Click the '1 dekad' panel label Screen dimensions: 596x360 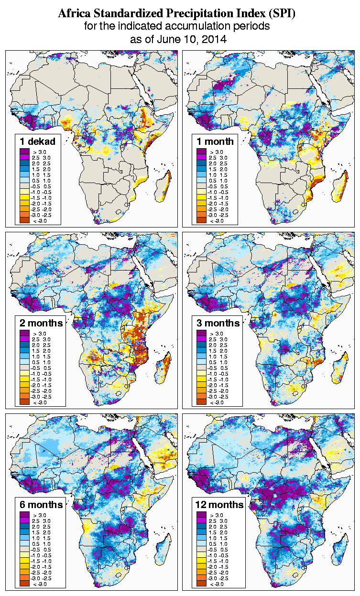[x=38, y=141]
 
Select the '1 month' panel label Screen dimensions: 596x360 [x=215, y=141]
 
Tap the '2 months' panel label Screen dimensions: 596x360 [x=41, y=323]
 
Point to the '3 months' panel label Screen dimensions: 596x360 [x=218, y=323]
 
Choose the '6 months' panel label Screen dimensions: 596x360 [x=41, y=505]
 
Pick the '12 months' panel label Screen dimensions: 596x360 [x=219, y=505]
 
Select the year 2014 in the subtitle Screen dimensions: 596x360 [x=213, y=39]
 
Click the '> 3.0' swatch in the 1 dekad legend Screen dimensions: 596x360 [x=24, y=152]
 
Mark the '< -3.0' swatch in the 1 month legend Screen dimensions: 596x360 [x=201, y=220]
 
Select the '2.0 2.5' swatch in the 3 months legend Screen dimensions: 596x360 [x=201, y=345]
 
